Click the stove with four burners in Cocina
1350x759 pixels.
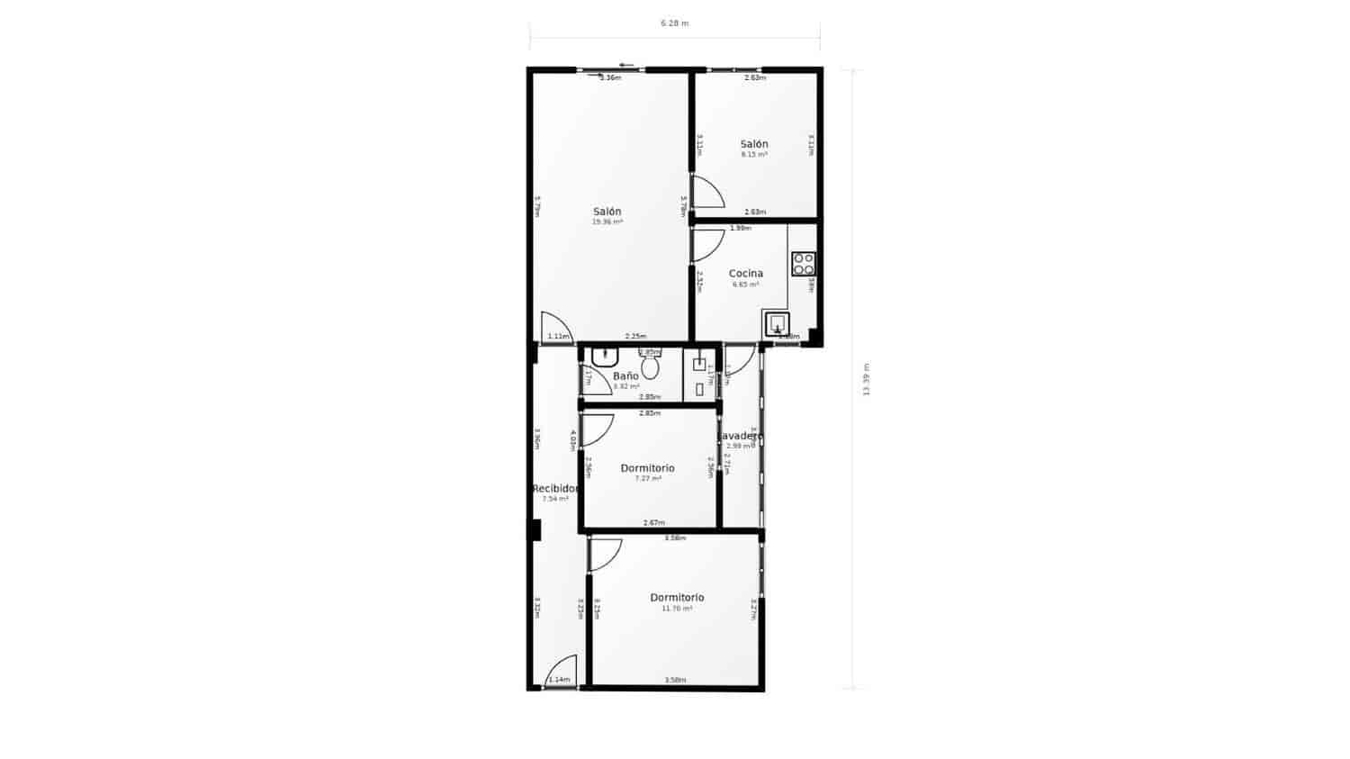[803, 264]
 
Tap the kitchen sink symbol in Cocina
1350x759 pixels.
[777, 323]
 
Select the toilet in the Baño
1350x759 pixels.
[650, 366]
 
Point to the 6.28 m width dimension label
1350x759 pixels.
[674, 23]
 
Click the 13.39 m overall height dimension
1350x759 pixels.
[866, 379]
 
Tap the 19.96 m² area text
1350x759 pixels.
[607, 221]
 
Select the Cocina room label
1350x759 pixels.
[745, 274]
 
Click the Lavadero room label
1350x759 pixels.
[742, 437]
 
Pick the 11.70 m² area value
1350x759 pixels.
[677, 609]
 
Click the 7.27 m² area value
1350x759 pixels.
[647, 479]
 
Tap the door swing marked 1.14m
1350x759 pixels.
[561, 671]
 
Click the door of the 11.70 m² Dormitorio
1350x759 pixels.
[605, 554]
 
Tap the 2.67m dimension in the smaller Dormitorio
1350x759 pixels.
[653, 523]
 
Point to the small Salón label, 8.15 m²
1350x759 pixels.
[754, 144]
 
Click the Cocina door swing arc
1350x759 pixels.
[708, 245]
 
